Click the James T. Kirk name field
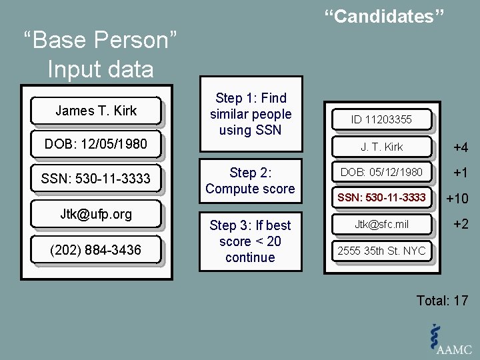click(x=96, y=111)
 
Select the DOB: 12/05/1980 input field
click(x=96, y=143)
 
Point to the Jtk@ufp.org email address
click(x=96, y=214)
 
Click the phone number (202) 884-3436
click(x=96, y=250)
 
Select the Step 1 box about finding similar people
click(x=251, y=114)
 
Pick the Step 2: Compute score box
click(x=251, y=181)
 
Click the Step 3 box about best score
click(x=251, y=241)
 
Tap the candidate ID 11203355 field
click(x=381, y=120)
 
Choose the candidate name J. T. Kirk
click(x=381, y=146)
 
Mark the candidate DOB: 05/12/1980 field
click(x=381, y=172)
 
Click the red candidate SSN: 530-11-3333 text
click(x=381, y=198)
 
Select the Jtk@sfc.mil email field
click(x=381, y=225)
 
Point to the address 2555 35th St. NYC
click(x=381, y=251)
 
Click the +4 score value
click(x=461, y=147)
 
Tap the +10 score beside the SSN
click(x=457, y=199)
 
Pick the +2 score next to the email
click(x=461, y=225)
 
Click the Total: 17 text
click(x=442, y=301)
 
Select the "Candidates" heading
click(x=384, y=17)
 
